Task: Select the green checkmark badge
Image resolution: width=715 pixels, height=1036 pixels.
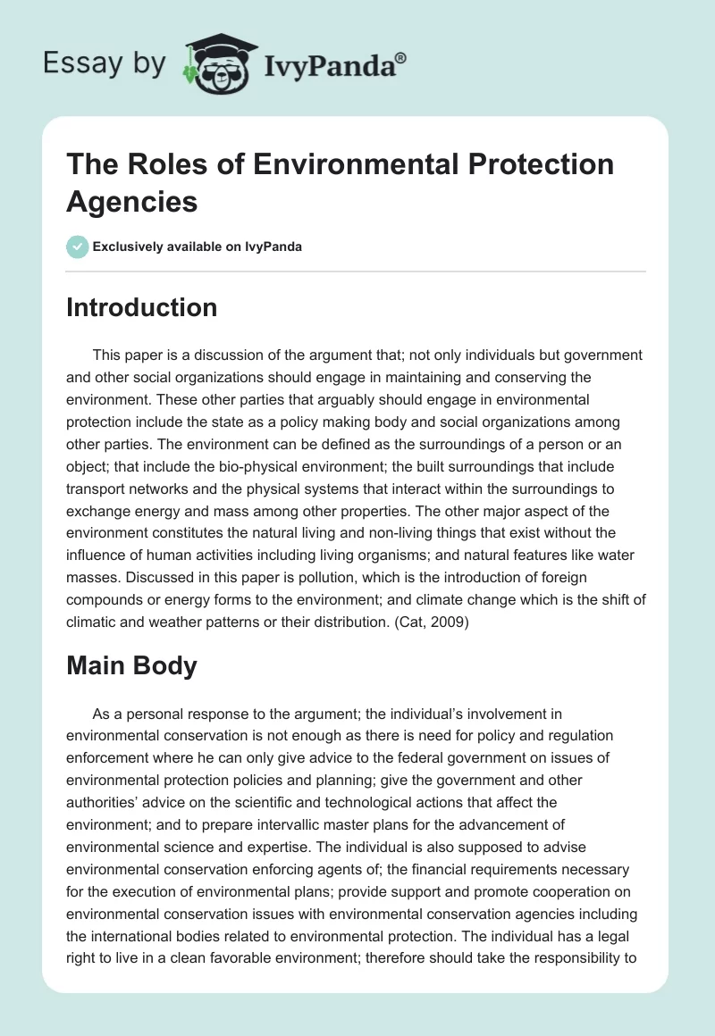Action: click(78, 246)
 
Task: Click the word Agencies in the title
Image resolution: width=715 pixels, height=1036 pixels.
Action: click(131, 201)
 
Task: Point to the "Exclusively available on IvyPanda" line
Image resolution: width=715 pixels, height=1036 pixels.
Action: click(198, 247)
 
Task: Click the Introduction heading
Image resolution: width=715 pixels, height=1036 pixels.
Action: click(142, 307)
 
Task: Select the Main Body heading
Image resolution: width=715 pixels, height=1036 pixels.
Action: click(131, 665)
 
